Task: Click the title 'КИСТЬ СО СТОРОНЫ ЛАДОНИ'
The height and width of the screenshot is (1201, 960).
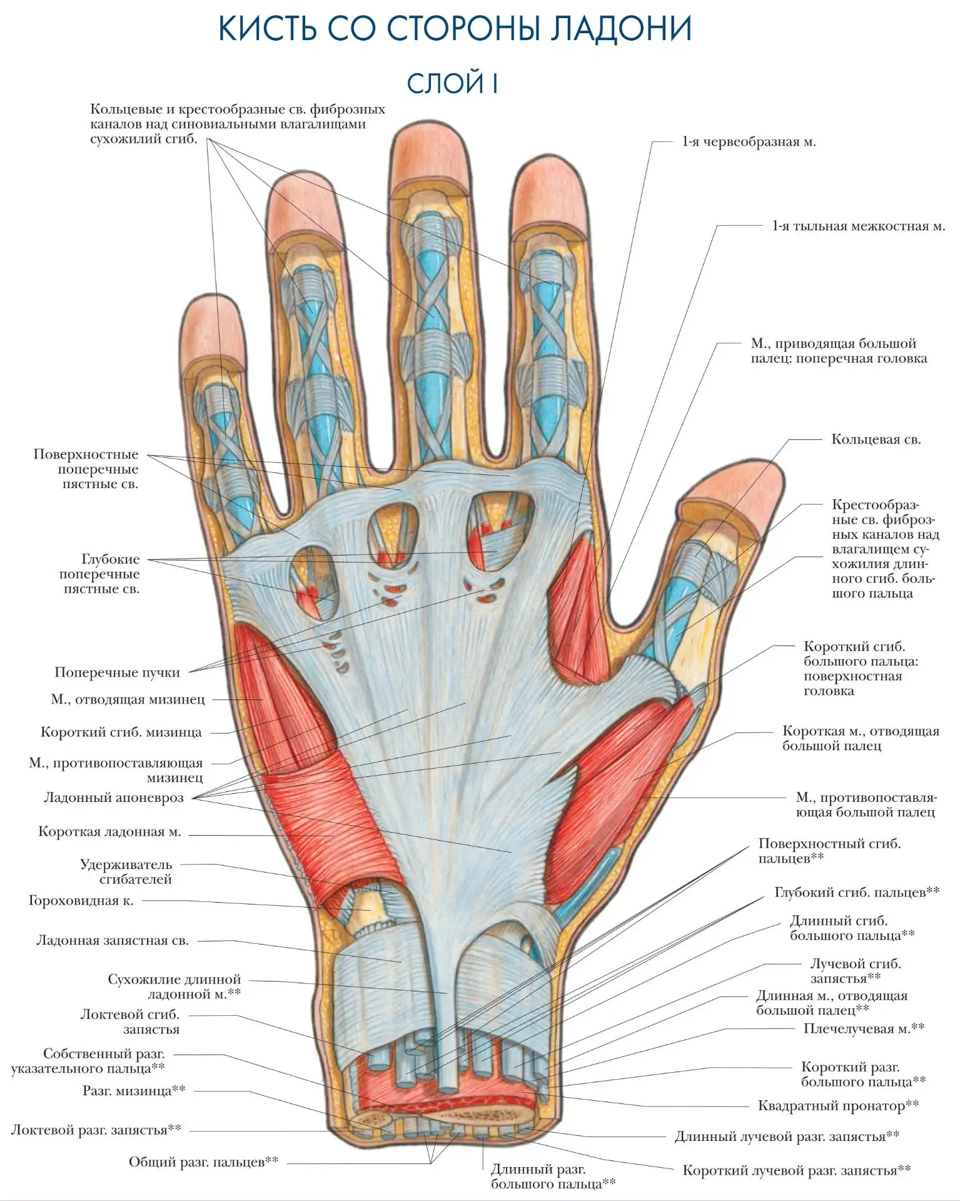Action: [455, 29]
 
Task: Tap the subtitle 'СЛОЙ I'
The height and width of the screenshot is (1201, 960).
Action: [452, 83]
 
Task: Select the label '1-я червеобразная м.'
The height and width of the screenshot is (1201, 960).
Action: [749, 142]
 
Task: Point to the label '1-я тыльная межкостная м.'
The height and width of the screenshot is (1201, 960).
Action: [859, 226]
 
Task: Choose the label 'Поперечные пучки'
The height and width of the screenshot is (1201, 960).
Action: [117, 672]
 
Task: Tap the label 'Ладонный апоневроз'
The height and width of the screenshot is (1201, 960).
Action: [114, 798]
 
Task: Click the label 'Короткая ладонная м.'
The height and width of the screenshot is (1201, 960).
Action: [109, 832]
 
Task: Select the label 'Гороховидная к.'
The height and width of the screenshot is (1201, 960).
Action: [81, 901]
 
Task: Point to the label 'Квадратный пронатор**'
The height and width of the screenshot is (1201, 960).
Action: [839, 1105]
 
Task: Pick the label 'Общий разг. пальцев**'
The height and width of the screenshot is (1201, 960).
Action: [204, 1162]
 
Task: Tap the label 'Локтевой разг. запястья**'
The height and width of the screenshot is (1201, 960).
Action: [96, 1130]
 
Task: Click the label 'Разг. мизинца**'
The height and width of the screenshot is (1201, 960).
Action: [134, 1090]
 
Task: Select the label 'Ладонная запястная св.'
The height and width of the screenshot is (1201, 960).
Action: [113, 941]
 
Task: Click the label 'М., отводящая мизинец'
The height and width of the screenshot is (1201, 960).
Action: [128, 699]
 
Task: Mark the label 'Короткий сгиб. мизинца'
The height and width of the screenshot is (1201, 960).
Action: [121, 732]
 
